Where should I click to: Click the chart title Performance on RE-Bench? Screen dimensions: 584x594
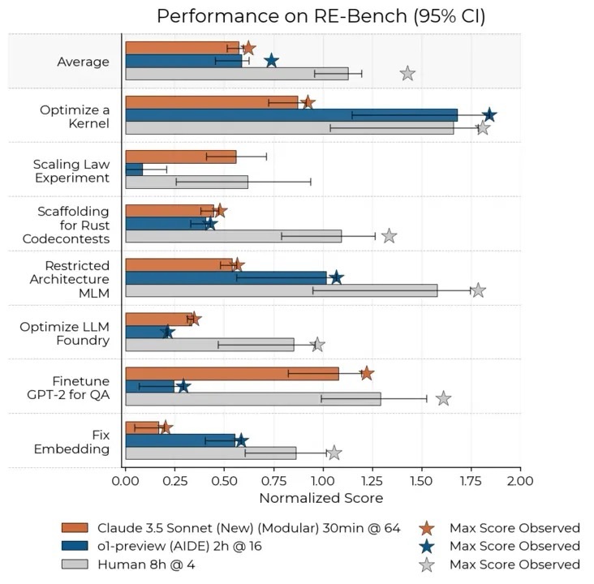coord(321,16)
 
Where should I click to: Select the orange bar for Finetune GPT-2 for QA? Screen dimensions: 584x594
coord(232,373)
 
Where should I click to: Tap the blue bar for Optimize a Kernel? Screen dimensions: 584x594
coord(291,114)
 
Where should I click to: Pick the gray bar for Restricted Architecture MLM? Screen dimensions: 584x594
coord(282,290)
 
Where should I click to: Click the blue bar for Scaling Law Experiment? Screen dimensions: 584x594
coord(134,170)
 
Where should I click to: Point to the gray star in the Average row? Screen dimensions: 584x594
coord(407,74)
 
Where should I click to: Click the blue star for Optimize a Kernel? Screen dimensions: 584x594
coord(489,115)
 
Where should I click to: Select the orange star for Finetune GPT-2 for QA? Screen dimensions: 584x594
coord(367,373)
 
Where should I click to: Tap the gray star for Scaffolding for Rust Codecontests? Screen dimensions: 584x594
coord(389,236)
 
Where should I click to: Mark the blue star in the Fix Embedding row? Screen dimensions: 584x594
coord(240,440)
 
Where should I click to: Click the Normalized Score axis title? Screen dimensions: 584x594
coord(321,498)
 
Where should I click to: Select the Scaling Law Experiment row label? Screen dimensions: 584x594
coord(71,170)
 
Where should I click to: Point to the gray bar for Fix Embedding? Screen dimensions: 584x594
coord(211,453)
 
